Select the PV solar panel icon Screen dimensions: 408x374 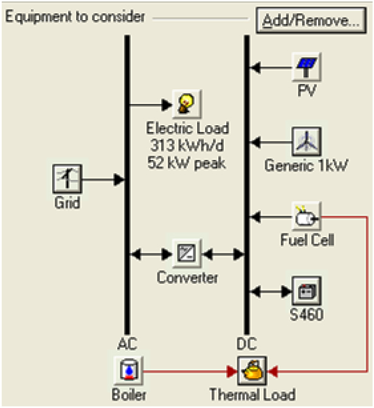pyautogui.click(x=307, y=67)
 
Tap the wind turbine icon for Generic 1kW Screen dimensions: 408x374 pyautogui.click(x=307, y=142)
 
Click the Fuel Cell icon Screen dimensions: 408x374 pyautogui.click(x=306, y=216)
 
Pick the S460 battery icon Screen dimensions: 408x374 pyautogui.click(x=306, y=291)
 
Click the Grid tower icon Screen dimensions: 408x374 pyautogui.click(x=66, y=179)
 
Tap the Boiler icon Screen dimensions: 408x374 pyautogui.click(x=129, y=370)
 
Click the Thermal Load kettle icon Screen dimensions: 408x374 pyautogui.click(x=252, y=370)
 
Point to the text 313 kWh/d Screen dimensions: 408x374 pyautogui.click(x=187, y=147)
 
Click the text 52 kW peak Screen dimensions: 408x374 pyautogui.click(x=187, y=163)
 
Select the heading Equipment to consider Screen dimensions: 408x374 pyautogui.click(x=75, y=17)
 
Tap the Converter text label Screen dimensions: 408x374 pyautogui.click(x=187, y=278)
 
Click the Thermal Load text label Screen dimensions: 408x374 pyautogui.click(x=252, y=395)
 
